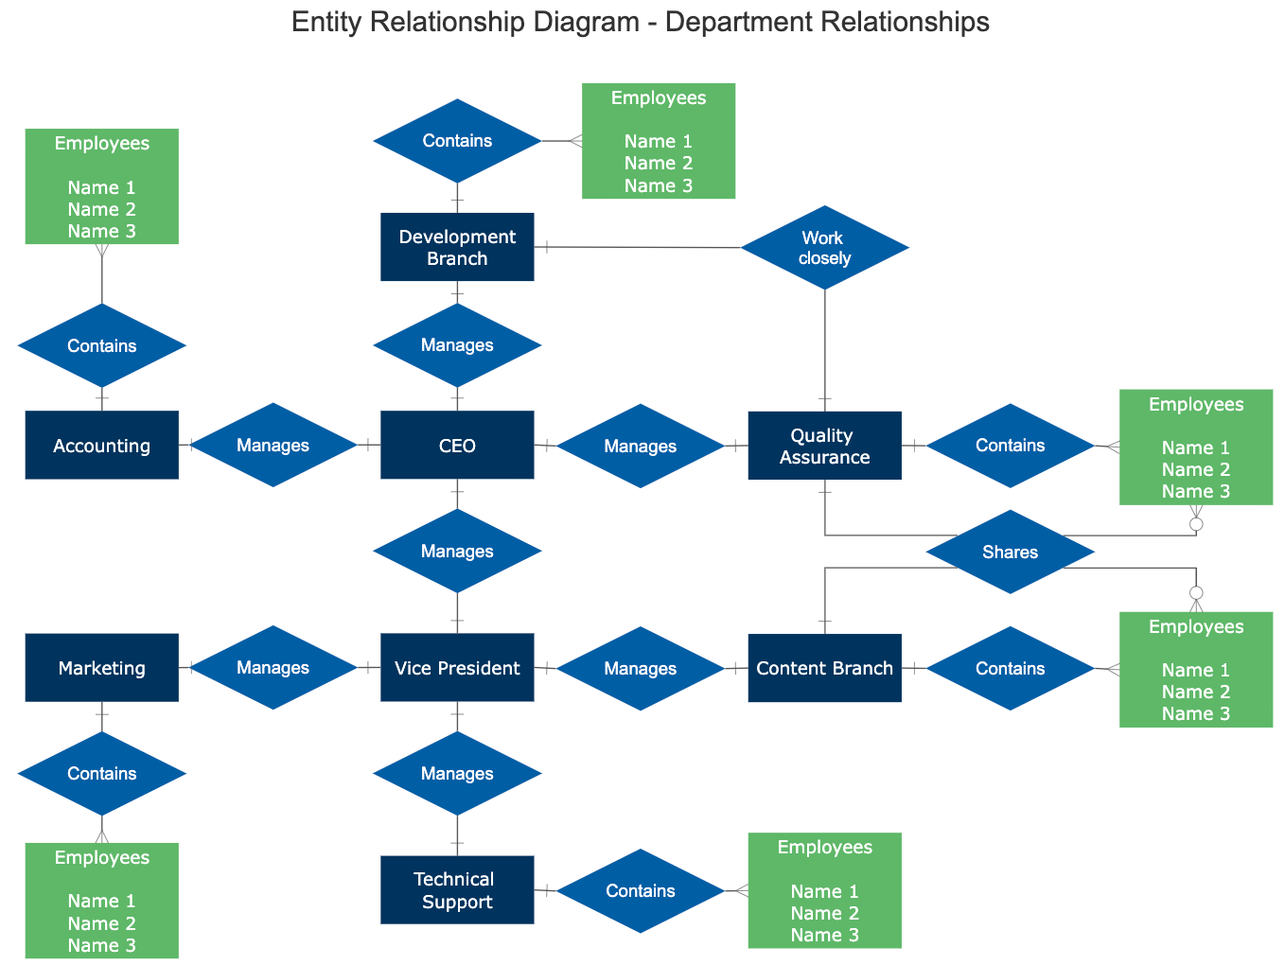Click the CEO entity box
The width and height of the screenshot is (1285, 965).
(457, 445)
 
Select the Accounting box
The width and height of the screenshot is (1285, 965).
(102, 445)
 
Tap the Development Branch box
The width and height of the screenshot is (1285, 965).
(457, 247)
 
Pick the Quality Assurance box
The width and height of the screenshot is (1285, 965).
(824, 446)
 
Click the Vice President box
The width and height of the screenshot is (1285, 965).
(457, 668)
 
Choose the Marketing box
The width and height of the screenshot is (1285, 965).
(102, 668)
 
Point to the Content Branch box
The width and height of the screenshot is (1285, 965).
(824, 668)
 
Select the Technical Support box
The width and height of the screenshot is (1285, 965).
(457, 890)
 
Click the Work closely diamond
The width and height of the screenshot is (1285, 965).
(824, 248)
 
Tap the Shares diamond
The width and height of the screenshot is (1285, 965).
(1010, 552)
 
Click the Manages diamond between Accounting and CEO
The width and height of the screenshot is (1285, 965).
(273, 445)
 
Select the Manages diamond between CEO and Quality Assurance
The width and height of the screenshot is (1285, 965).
(641, 446)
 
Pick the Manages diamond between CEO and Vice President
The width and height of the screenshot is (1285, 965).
(457, 551)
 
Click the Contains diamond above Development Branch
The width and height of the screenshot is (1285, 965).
(457, 141)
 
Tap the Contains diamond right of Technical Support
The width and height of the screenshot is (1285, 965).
(641, 890)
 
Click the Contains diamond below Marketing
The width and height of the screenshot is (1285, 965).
(102, 773)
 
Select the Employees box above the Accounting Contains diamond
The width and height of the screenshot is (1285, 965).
(102, 186)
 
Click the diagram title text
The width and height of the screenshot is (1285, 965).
(641, 22)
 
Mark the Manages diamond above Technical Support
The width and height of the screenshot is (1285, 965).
(457, 773)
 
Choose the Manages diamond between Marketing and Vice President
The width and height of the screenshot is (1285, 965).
(273, 668)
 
